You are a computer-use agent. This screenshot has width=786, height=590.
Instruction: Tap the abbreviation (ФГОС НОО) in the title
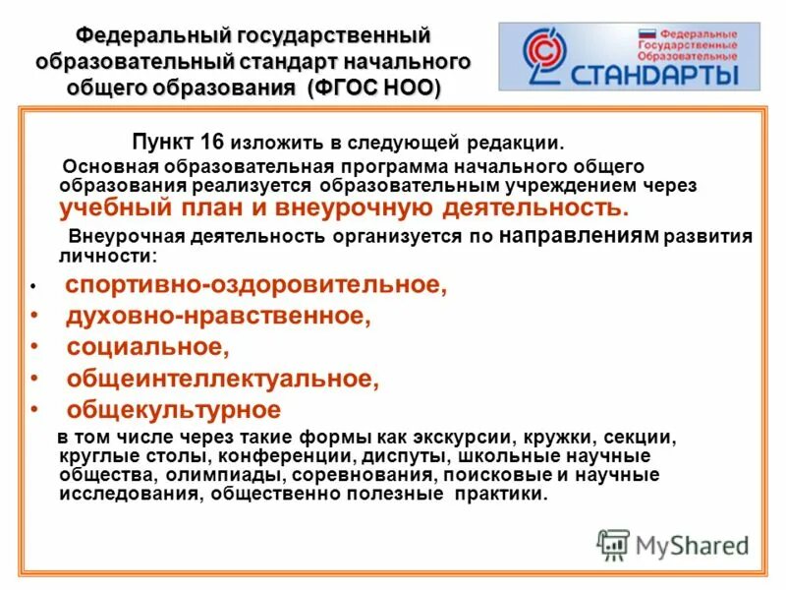374,87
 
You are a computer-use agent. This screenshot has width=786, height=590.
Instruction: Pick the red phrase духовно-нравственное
219,317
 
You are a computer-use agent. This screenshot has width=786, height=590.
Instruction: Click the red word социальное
148,347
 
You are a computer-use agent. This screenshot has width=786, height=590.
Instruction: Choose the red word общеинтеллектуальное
222,378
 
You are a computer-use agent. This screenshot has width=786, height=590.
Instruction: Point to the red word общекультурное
174,409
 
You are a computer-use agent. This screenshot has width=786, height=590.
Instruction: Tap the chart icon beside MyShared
613,545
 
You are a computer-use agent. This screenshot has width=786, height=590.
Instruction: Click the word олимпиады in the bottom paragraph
250,476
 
